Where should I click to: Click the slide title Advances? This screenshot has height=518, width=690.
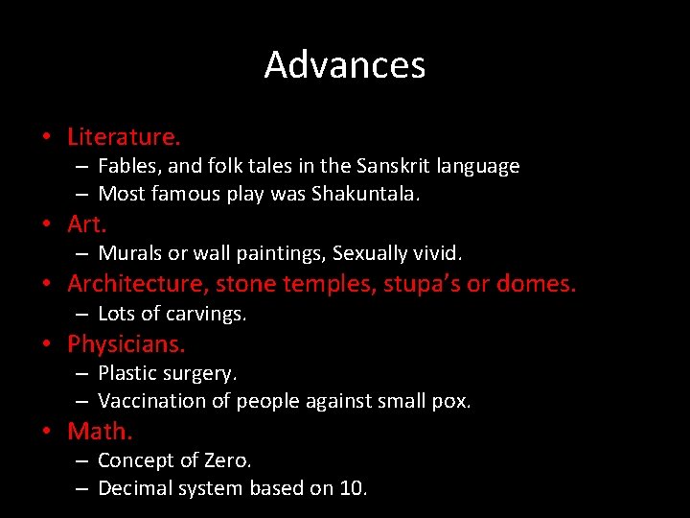pyautogui.click(x=345, y=65)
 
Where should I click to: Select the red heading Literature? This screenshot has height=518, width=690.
pyautogui.click(x=124, y=137)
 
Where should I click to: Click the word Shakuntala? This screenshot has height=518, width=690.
pyautogui.click(x=365, y=195)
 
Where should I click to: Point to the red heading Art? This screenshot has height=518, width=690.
pyautogui.click(x=86, y=224)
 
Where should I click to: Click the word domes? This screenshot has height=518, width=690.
pyautogui.click(x=539, y=284)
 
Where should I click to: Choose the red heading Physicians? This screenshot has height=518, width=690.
pyautogui.click(x=126, y=343)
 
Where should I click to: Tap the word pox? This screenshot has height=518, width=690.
pyautogui.click(x=451, y=401)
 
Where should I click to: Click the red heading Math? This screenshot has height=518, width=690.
pyautogui.click(x=100, y=431)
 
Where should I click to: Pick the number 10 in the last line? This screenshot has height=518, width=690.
pyautogui.click(x=352, y=488)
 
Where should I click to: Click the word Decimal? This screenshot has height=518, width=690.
pyautogui.click(x=136, y=488)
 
